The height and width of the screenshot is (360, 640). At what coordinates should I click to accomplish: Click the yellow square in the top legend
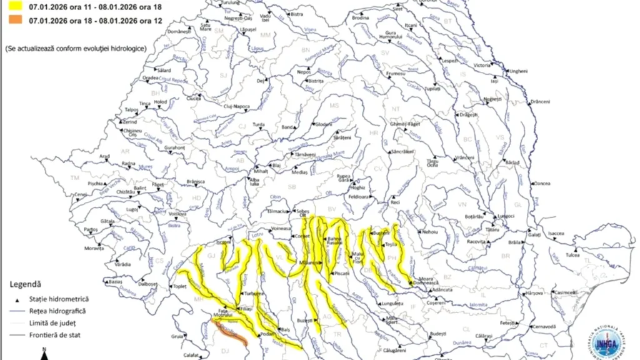click(x=11, y=8)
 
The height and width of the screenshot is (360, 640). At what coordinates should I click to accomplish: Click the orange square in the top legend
click(x=11, y=21)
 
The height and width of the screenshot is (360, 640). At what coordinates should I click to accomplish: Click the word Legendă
click(x=26, y=284)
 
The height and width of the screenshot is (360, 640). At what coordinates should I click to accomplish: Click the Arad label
click(x=105, y=156)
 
